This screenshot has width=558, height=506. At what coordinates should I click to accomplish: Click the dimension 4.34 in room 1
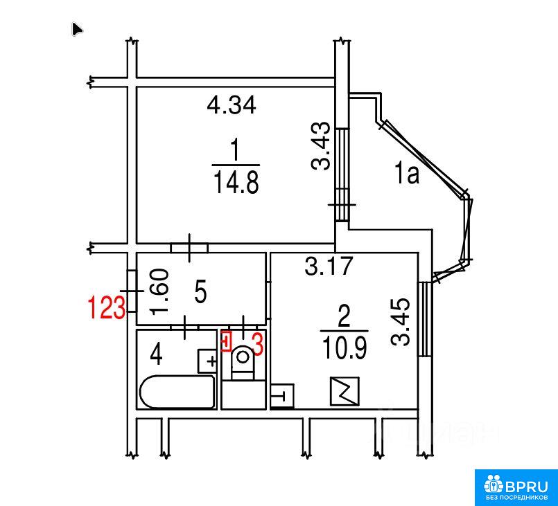[x=232, y=105]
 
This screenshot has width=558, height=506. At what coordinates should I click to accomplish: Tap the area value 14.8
[x=236, y=182]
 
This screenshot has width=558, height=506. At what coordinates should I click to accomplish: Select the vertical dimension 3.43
[x=321, y=145]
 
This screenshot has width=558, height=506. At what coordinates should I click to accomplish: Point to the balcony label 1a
[x=406, y=174]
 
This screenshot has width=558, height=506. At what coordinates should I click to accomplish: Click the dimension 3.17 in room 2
[x=329, y=266]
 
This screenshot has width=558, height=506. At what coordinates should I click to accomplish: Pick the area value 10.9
[x=344, y=347]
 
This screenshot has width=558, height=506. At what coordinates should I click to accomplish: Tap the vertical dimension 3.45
[x=401, y=322]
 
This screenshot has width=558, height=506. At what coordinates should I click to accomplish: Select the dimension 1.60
[x=159, y=291]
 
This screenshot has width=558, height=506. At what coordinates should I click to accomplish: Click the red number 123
[x=107, y=307]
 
